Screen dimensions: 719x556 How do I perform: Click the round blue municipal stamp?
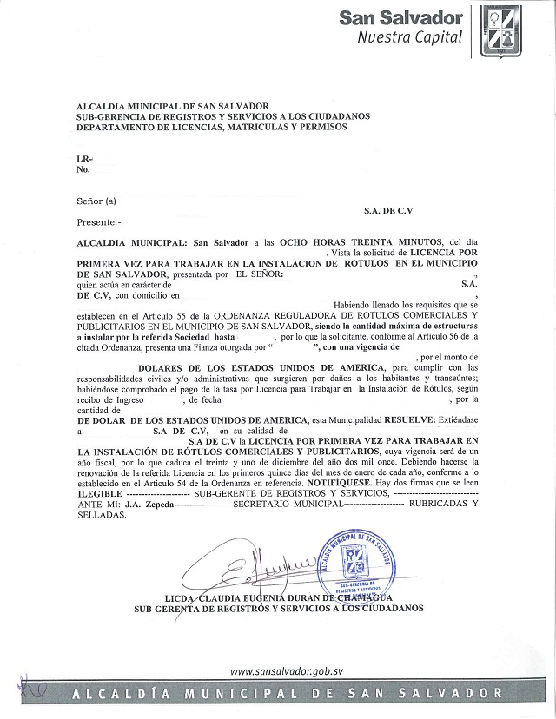tap(359, 567)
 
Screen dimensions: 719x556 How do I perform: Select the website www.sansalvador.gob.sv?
tap(288, 671)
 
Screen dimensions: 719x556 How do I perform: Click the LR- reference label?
tap(83, 159)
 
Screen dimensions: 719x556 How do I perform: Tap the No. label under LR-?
tap(83, 169)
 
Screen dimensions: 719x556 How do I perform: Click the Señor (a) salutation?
tap(96, 201)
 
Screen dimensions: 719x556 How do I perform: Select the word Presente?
tap(99, 222)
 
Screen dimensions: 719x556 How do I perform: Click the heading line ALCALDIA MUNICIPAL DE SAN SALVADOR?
tap(174, 105)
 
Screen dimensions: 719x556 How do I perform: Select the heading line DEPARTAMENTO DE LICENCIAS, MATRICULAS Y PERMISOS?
tap(211, 127)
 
